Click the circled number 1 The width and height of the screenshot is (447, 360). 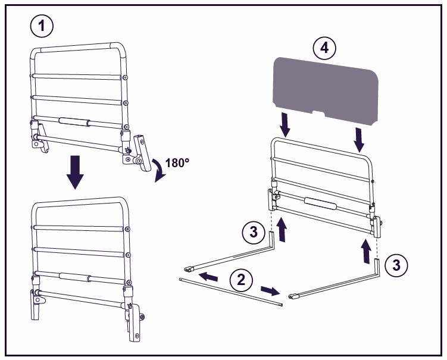42,26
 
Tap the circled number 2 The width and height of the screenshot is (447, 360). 241,280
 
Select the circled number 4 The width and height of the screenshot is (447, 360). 324,48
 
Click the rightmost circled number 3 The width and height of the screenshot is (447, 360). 396,265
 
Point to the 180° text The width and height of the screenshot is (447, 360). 177,163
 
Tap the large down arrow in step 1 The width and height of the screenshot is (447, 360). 75,172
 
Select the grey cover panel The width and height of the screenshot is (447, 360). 325,91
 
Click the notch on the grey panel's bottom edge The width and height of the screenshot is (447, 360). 318,114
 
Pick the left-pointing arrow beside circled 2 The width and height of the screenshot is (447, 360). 208,277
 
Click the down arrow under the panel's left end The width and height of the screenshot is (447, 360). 285,124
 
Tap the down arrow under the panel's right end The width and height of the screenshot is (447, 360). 359,140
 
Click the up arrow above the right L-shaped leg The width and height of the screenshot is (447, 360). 365,251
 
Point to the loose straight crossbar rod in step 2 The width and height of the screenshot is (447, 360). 232,292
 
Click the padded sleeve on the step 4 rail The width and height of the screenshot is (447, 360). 320,204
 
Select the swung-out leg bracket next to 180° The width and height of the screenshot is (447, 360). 142,153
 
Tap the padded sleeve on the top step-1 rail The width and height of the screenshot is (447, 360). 74,121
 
